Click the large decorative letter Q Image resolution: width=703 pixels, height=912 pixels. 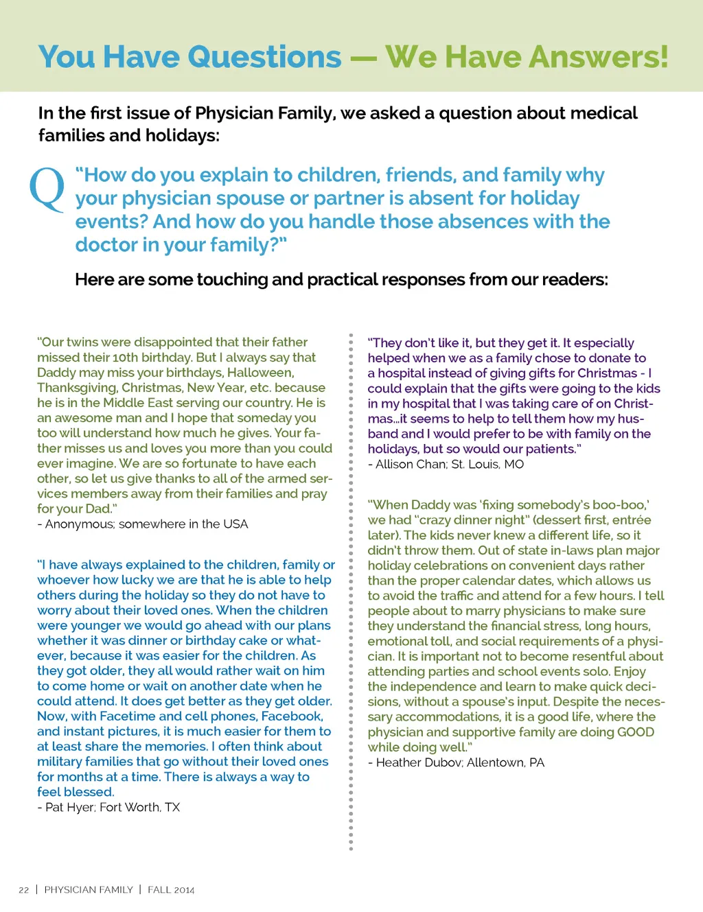pos(47,189)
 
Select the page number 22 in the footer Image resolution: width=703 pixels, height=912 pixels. pos(24,890)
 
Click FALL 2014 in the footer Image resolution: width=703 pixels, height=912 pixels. pos(171,890)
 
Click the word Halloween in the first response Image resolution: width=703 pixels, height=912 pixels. pos(260,373)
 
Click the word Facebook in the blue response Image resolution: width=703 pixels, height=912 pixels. pos(292,716)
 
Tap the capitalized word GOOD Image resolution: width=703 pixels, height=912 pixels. pos(635,732)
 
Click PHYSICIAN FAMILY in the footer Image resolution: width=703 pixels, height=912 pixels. pos(89,890)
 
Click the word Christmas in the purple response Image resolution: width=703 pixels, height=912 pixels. pos(607,373)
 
